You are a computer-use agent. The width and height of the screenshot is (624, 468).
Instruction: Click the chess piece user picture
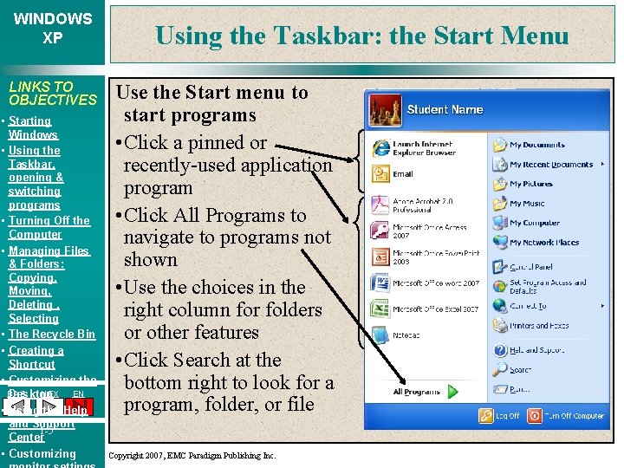[x=385, y=110]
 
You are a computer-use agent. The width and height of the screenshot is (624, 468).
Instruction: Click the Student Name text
[x=445, y=110]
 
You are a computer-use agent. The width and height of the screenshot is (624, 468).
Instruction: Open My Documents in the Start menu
[x=536, y=145]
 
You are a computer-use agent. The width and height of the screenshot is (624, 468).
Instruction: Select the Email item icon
[x=380, y=174]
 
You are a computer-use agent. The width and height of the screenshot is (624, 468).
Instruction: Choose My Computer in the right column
[x=534, y=223]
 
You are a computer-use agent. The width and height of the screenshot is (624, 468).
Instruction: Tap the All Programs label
[x=416, y=392]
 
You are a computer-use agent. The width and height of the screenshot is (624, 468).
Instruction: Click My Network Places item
[x=543, y=243]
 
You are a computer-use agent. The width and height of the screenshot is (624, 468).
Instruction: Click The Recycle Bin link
[x=51, y=334]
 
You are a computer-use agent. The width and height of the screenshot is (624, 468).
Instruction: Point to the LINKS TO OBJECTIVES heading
[x=52, y=93]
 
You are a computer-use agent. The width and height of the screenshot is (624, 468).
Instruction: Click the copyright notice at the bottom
[x=192, y=455]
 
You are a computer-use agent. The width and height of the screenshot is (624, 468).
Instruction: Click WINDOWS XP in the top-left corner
[x=52, y=28]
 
